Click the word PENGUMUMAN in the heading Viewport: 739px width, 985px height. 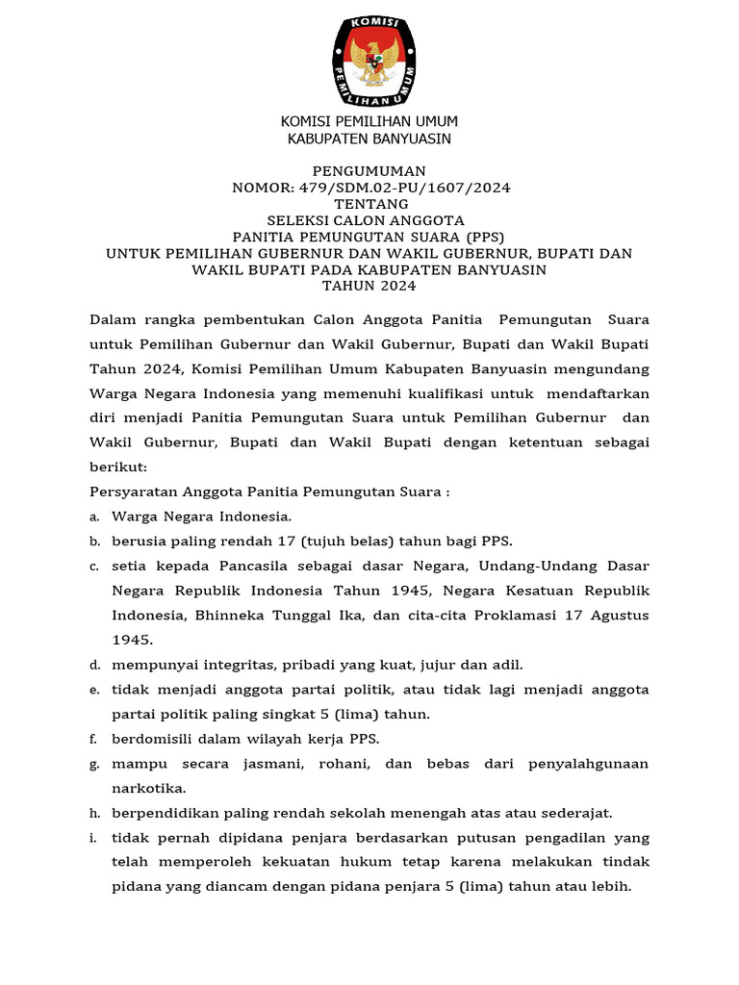pyautogui.click(x=370, y=170)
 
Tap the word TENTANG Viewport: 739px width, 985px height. pyautogui.click(x=370, y=204)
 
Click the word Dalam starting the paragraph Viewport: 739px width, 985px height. pyautogui.click(x=113, y=318)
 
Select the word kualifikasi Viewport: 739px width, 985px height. pyautogui.click(x=437, y=393)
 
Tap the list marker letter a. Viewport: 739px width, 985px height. pyautogui.click(x=94, y=517)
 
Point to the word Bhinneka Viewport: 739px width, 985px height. pyautogui.click(x=225, y=615)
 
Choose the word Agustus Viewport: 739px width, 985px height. pyautogui.click(x=614, y=615)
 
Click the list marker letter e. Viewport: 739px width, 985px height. pyautogui.click(x=94, y=690)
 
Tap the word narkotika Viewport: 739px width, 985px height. pyautogui.click(x=151, y=788)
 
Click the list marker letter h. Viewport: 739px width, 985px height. pyautogui.click(x=94, y=813)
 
